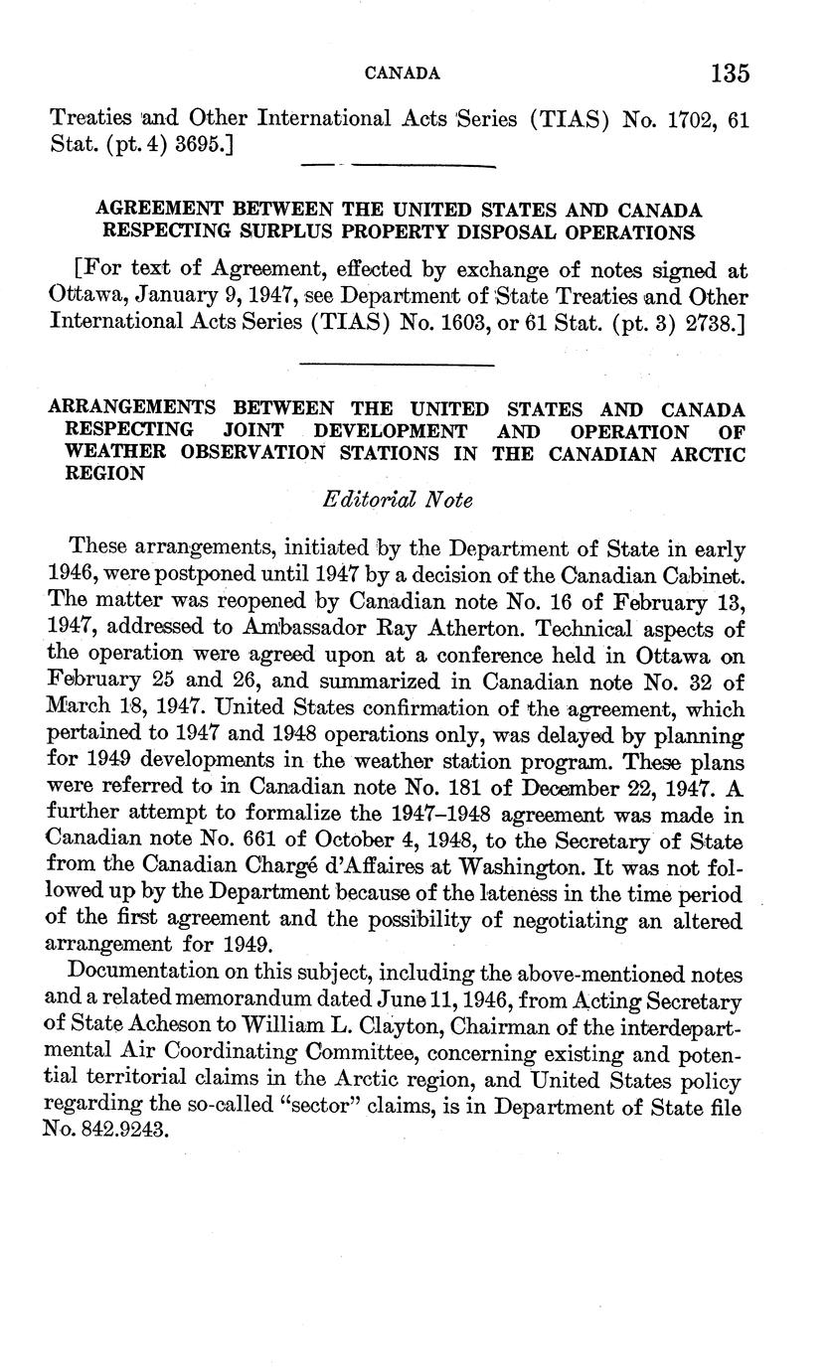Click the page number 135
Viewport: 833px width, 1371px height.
click(730, 74)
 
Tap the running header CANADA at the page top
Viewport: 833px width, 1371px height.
click(403, 74)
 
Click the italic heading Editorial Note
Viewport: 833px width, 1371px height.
click(398, 501)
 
